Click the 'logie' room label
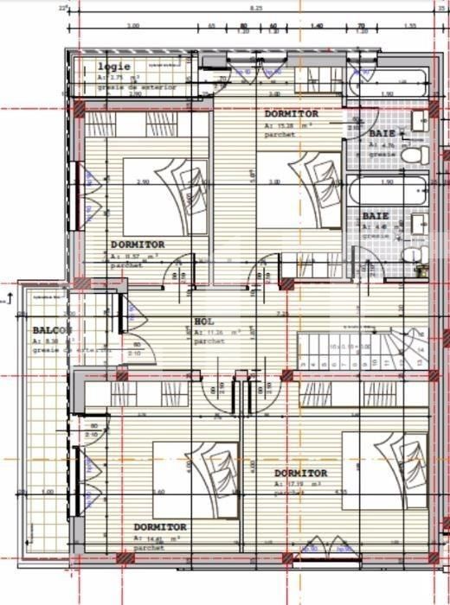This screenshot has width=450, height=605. pos(114,67)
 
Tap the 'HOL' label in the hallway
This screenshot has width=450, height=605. pos(202,322)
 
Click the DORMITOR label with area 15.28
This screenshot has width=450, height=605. pos(291,114)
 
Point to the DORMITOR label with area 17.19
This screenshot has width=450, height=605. pos(300,473)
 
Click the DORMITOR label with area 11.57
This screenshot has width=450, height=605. pos(138,245)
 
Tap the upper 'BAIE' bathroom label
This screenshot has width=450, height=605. pos(382,134)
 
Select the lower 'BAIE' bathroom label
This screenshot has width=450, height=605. pos(376,215)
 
